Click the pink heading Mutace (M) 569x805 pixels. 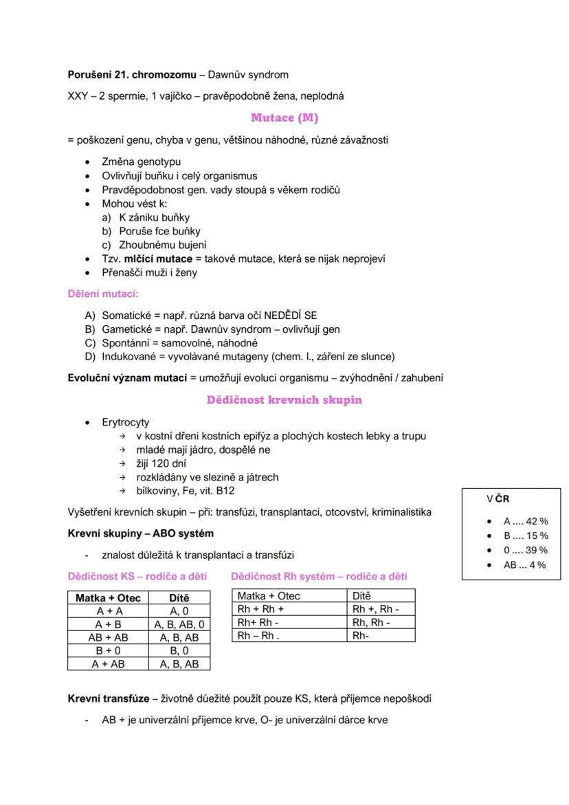pos(284,118)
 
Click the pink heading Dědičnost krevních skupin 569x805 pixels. pos(284,399)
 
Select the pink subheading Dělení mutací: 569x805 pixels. pos(103,294)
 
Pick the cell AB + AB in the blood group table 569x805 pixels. pos(109,637)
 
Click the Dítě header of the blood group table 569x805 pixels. pos(179,598)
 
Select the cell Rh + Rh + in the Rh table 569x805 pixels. pos(260,609)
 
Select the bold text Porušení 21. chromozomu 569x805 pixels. pos(126,74)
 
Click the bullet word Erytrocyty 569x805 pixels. pos(125,422)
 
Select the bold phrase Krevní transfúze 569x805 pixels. pos(108,698)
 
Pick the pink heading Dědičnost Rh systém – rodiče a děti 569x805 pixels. pos(319,576)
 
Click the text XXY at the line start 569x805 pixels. pos(77,96)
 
